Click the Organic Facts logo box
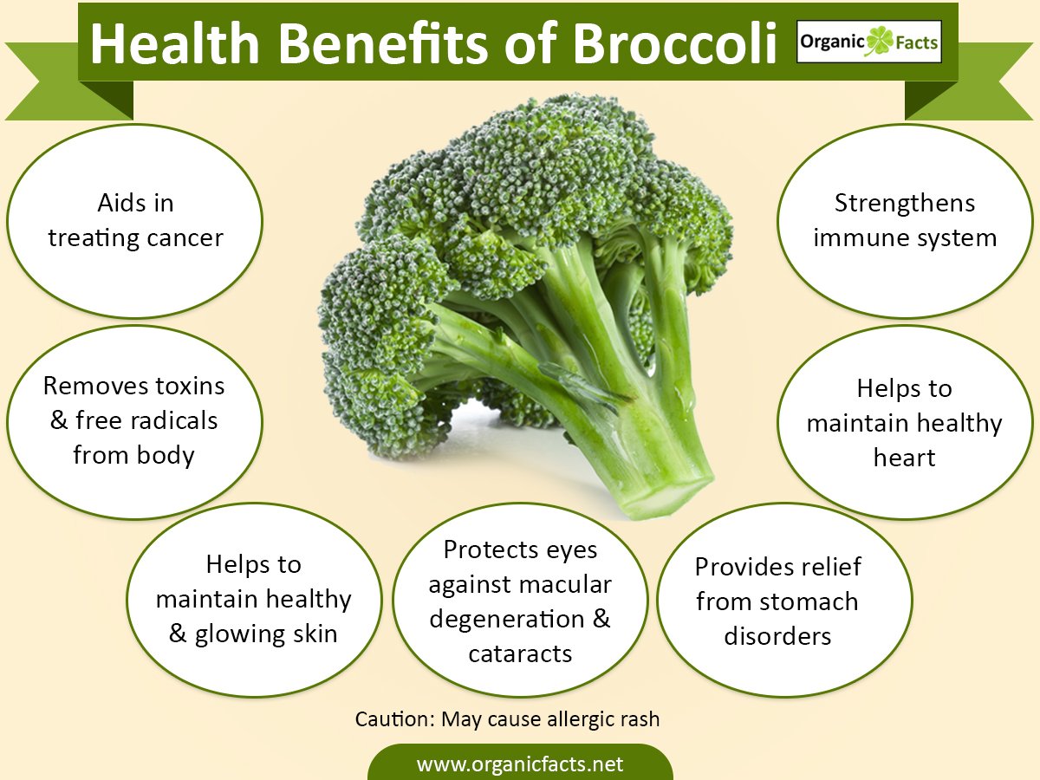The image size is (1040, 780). point(869,42)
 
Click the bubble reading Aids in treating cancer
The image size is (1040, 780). point(134,221)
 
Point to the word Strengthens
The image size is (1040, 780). point(905,203)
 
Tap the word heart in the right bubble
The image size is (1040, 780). point(904,458)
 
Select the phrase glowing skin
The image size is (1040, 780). point(266,634)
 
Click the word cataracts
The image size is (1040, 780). point(520,654)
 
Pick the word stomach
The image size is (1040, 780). point(809,601)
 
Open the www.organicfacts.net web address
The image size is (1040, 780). point(520,764)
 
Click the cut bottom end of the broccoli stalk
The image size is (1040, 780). point(668,497)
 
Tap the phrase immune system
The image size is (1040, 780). point(905,237)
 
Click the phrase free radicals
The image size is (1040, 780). point(146,420)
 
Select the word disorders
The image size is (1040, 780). point(777,636)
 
